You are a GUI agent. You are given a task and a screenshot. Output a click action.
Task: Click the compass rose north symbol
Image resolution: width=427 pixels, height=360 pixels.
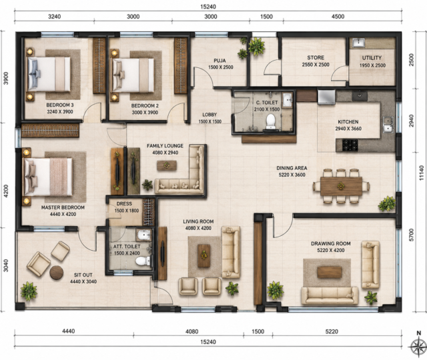(418, 345)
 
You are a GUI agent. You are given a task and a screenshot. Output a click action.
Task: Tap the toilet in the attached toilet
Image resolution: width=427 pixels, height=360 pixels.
(143, 261)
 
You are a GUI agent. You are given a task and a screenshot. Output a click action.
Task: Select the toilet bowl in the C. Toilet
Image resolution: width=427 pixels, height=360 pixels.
(271, 121)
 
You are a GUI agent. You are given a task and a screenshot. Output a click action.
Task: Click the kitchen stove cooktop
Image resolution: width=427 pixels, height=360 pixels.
(350, 145)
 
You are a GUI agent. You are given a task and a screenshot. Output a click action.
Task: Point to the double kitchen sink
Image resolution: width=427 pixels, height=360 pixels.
(388, 125)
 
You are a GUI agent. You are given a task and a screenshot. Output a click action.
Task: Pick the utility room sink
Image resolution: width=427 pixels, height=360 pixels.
(359, 43)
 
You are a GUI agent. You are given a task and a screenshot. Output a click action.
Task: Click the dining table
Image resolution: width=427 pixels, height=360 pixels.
(341, 186)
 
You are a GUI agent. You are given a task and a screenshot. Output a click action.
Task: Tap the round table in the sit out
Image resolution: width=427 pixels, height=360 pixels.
(57, 273)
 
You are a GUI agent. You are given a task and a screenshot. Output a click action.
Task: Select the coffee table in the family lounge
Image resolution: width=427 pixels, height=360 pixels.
(167, 165)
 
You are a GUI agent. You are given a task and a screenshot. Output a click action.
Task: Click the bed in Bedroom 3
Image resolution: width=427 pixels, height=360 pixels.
(49, 74)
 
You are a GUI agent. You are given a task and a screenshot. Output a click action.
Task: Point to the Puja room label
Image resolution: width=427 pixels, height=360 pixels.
(220, 61)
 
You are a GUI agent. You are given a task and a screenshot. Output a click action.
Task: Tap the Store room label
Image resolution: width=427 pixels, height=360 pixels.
(316, 58)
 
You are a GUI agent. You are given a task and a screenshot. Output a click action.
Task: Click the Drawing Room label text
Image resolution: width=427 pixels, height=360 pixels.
(331, 243)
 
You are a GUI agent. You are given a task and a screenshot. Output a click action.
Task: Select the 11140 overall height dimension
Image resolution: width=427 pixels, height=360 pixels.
(422, 173)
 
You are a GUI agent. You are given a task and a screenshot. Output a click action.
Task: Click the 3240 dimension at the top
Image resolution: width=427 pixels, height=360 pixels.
(55, 17)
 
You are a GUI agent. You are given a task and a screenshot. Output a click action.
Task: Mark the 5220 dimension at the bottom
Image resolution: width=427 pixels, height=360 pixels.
(332, 331)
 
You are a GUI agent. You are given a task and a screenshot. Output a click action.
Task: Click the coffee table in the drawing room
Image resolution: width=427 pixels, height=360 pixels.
(330, 272)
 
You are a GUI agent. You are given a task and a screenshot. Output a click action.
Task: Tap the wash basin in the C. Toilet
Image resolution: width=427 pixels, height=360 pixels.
(288, 100)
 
